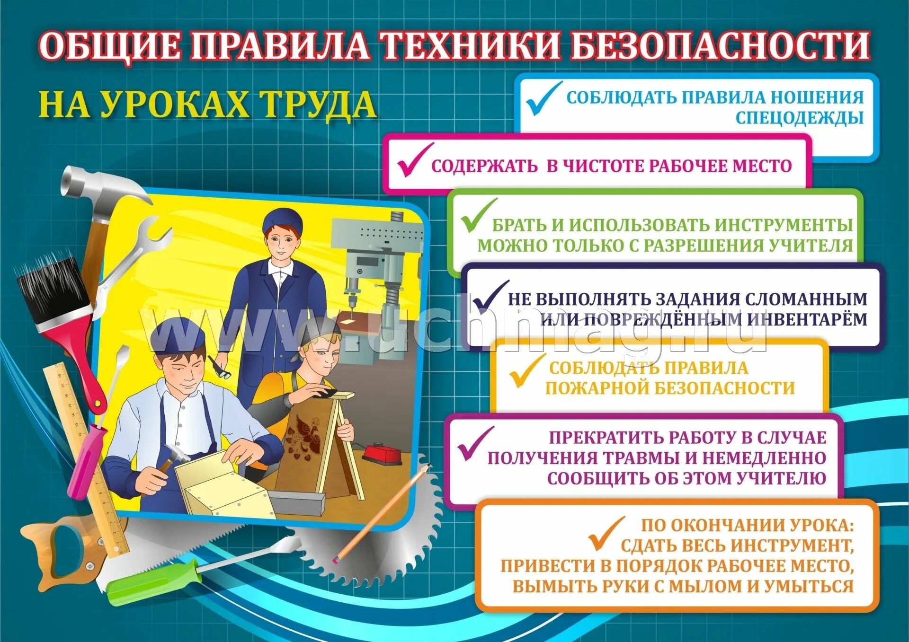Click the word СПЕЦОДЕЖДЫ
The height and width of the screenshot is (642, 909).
point(799,117)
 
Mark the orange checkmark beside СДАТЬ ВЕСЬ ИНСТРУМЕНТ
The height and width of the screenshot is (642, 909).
point(606,535)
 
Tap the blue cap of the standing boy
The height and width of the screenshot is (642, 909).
point(282,220)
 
